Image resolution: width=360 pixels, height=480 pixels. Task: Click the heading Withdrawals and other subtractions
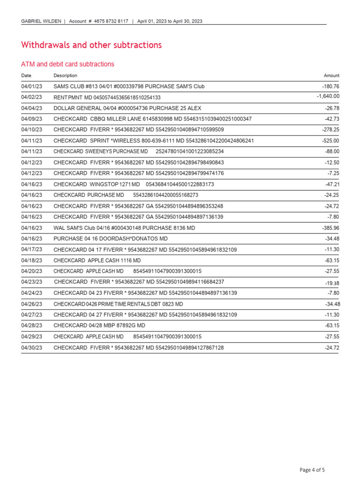[x=91, y=45]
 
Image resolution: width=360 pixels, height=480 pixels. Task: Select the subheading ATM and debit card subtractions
[x=67, y=64]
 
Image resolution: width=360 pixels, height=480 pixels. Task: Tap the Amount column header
[x=331, y=75]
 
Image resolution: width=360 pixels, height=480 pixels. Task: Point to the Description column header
[x=65, y=75]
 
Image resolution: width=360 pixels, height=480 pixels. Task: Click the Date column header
[x=26, y=75]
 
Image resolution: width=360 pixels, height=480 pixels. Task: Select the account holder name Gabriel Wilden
[x=41, y=21]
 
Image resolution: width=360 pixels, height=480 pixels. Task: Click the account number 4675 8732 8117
[x=111, y=21]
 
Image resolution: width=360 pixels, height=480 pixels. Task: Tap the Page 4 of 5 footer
[x=312, y=470]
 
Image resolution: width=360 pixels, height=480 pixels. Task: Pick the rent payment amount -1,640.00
[x=328, y=97]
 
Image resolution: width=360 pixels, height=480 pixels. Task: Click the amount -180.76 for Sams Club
[x=330, y=87]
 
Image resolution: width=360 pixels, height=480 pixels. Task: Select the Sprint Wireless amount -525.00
[x=330, y=141]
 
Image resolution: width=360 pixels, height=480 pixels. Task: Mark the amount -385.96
[x=330, y=228]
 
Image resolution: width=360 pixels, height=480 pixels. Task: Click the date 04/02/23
[x=31, y=97]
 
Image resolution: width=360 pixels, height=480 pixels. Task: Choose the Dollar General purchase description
[x=127, y=108]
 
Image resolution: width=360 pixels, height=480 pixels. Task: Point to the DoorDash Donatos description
[x=110, y=239]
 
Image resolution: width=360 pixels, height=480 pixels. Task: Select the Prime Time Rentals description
[x=118, y=304]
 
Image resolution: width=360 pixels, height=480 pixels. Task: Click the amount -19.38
[x=332, y=283]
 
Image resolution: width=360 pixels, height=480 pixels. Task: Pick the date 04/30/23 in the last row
[x=31, y=348]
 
